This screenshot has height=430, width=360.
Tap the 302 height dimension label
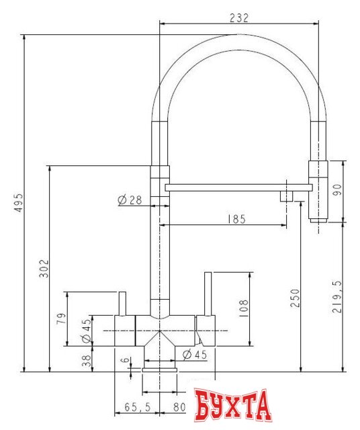42,267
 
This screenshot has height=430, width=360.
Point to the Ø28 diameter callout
130,200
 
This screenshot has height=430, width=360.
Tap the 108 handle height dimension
243,308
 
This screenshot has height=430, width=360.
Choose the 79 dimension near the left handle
61,318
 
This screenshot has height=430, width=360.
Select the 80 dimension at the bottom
179,407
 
